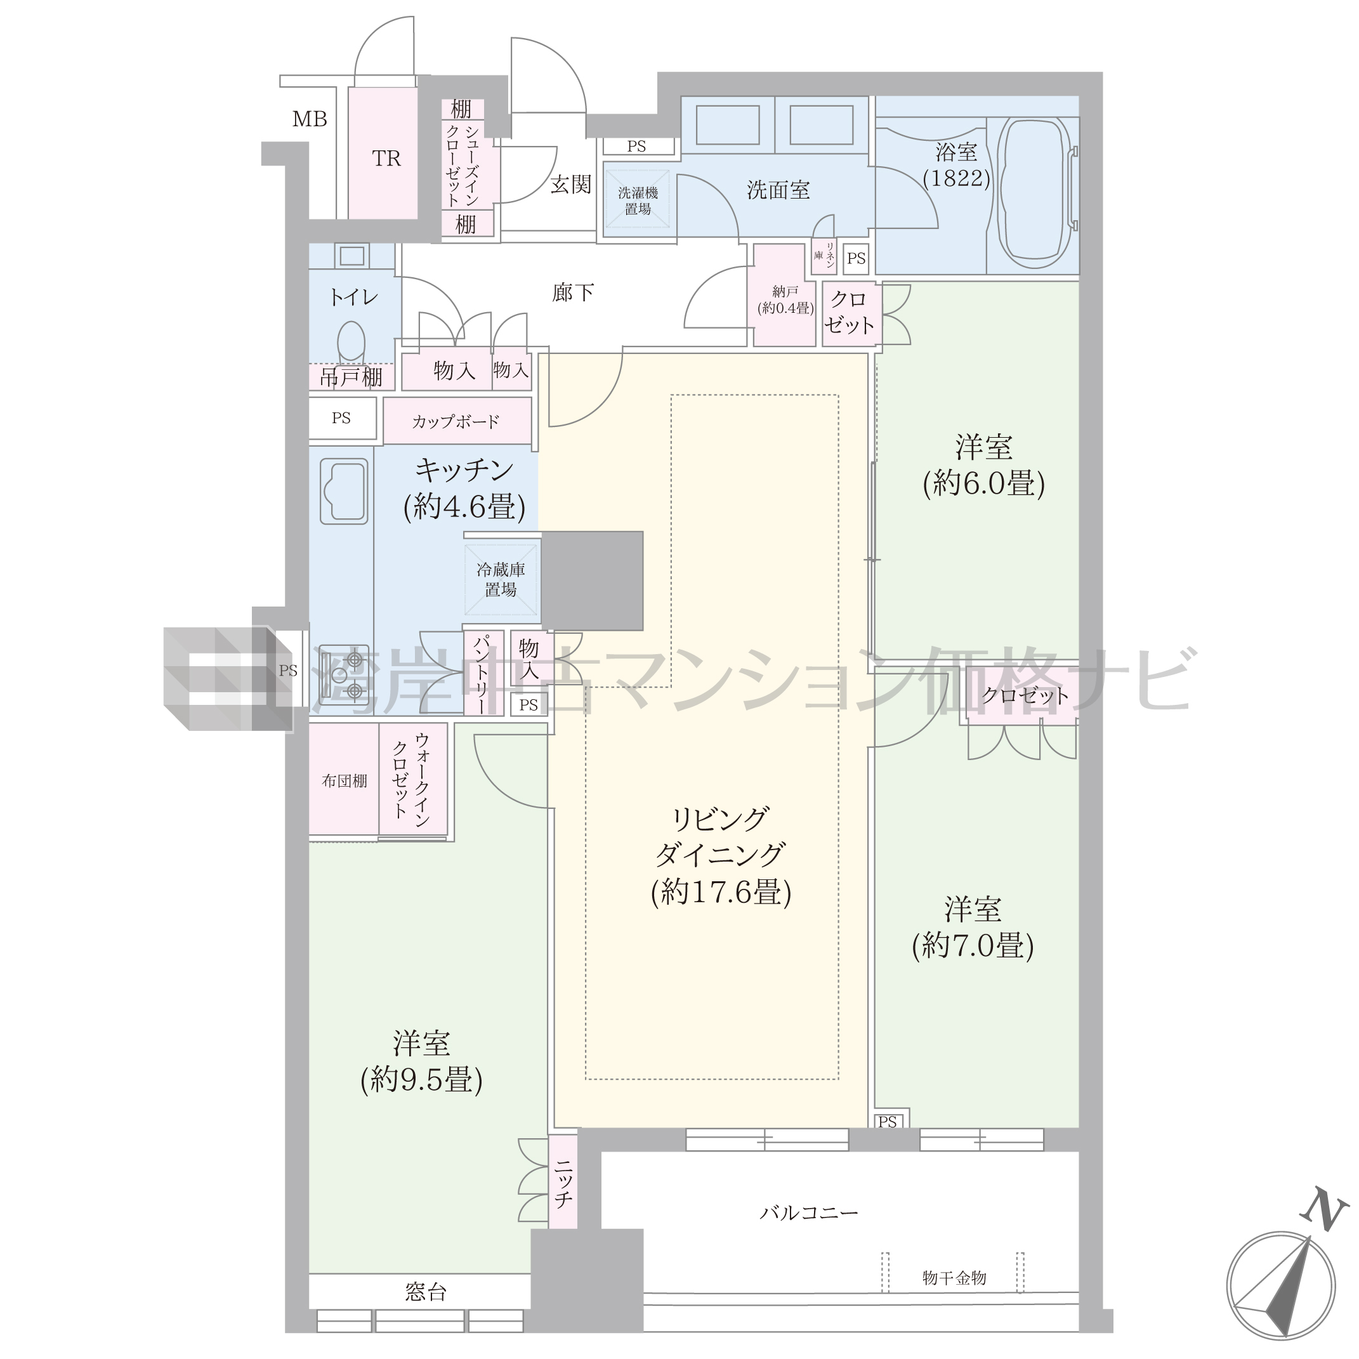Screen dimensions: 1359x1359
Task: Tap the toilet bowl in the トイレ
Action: point(351,341)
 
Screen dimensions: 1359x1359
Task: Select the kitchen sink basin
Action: point(344,491)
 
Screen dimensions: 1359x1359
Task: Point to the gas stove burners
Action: point(344,674)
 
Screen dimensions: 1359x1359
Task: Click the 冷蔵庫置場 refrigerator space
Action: point(501,580)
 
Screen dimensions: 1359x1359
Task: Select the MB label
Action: point(310,119)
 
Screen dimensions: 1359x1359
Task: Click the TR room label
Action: point(386,159)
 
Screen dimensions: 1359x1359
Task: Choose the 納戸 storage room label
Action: point(785,291)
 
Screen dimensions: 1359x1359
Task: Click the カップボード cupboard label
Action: point(456,421)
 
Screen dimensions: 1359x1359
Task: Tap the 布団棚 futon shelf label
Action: point(345,780)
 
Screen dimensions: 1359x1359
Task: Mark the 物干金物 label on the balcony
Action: point(954,1277)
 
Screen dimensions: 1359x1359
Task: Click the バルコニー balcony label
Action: point(809,1212)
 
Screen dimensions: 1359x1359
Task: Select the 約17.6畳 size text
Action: point(721,893)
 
